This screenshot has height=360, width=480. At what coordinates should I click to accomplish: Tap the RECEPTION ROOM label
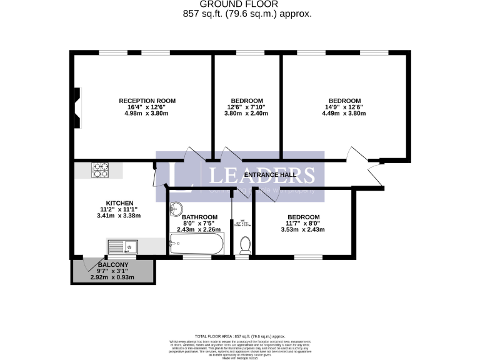click(147, 101)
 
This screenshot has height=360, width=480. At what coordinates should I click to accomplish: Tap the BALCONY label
click(112, 265)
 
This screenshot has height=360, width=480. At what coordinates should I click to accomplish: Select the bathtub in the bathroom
click(194, 244)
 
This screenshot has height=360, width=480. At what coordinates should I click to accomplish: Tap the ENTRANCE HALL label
click(270, 175)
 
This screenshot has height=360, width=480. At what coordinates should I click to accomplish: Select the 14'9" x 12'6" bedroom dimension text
click(345, 107)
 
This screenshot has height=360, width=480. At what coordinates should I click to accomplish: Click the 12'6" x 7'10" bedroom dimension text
click(247, 107)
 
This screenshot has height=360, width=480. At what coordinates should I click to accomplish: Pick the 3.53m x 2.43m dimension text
click(303, 229)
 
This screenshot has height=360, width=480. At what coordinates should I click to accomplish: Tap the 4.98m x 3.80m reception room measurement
click(147, 113)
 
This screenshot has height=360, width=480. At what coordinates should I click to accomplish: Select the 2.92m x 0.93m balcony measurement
click(112, 277)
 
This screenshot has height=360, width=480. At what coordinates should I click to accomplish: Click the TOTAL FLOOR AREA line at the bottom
click(240, 336)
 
